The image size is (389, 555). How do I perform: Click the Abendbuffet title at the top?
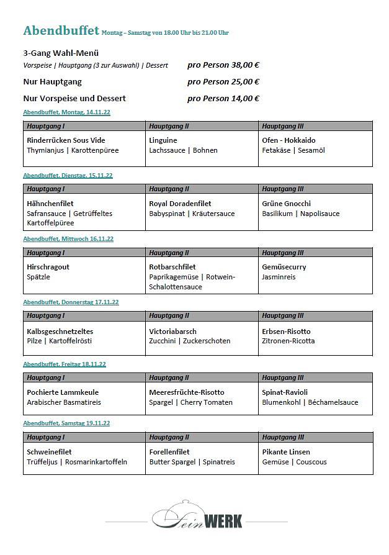click(61, 31)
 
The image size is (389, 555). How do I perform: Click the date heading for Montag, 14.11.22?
click(66, 112)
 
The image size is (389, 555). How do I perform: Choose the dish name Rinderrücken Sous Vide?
click(66, 140)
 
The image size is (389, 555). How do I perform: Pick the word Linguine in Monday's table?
click(163, 140)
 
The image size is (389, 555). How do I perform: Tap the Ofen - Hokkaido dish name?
click(288, 140)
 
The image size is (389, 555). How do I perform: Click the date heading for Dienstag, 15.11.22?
click(68, 176)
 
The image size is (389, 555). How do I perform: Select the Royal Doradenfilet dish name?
click(180, 204)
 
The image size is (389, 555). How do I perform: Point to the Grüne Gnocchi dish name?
click(287, 204)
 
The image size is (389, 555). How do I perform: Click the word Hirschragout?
click(48, 267)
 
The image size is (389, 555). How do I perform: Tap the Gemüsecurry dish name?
click(284, 267)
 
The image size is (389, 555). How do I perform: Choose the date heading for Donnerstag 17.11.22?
click(71, 302)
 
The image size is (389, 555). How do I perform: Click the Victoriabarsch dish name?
click(173, 332)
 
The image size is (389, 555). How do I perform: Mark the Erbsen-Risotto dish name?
click(286, 332)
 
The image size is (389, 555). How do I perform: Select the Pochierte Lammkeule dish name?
click(63, 392)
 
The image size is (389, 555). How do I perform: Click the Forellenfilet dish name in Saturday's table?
click(169, 452)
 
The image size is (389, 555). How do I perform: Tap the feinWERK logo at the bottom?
click(197, 518)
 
